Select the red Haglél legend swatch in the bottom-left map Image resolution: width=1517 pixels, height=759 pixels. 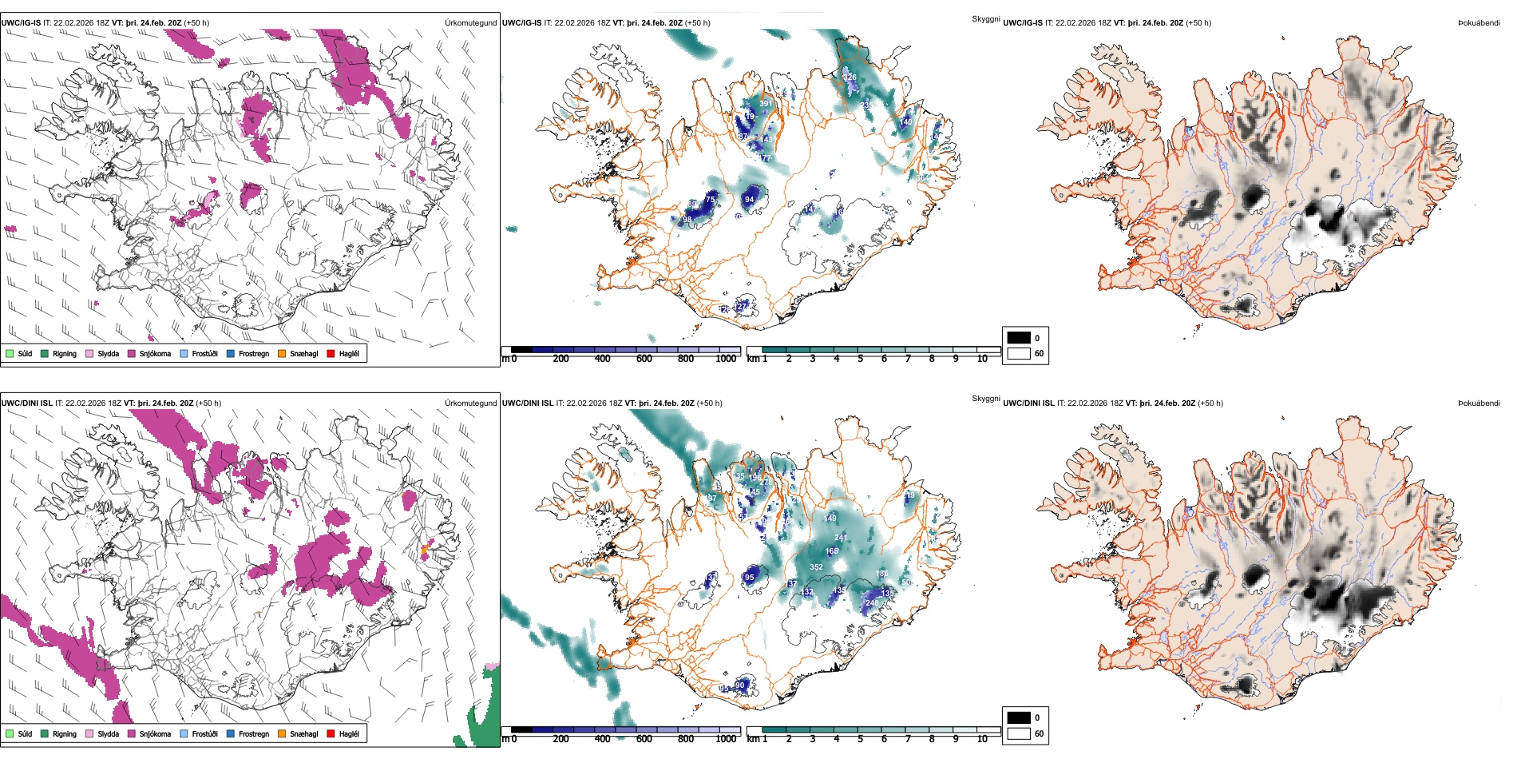point(331,733)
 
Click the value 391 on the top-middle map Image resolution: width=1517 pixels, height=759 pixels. point(766,104)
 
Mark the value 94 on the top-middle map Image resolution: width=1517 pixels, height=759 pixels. point(749,200)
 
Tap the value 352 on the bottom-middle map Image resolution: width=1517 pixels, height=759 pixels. point(816,567)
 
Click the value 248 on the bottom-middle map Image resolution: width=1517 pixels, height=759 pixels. point(872,603)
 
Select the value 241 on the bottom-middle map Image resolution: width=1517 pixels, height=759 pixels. point(840,538)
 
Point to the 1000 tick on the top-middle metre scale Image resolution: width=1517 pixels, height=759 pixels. point(726,359)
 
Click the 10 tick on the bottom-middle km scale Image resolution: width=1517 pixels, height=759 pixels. point(982,739)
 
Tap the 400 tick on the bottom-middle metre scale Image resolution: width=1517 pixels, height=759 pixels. point(602,739)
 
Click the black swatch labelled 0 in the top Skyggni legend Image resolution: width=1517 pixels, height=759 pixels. point(1019,338)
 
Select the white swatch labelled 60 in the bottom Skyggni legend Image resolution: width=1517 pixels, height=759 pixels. point(1019,733)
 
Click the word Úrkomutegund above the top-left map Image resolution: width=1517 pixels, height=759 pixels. point(470,23)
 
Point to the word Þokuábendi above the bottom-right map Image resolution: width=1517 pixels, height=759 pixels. point(1479,403)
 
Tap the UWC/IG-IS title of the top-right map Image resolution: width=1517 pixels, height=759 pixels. point(1023,23)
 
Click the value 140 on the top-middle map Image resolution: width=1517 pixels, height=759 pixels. point(906,122)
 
